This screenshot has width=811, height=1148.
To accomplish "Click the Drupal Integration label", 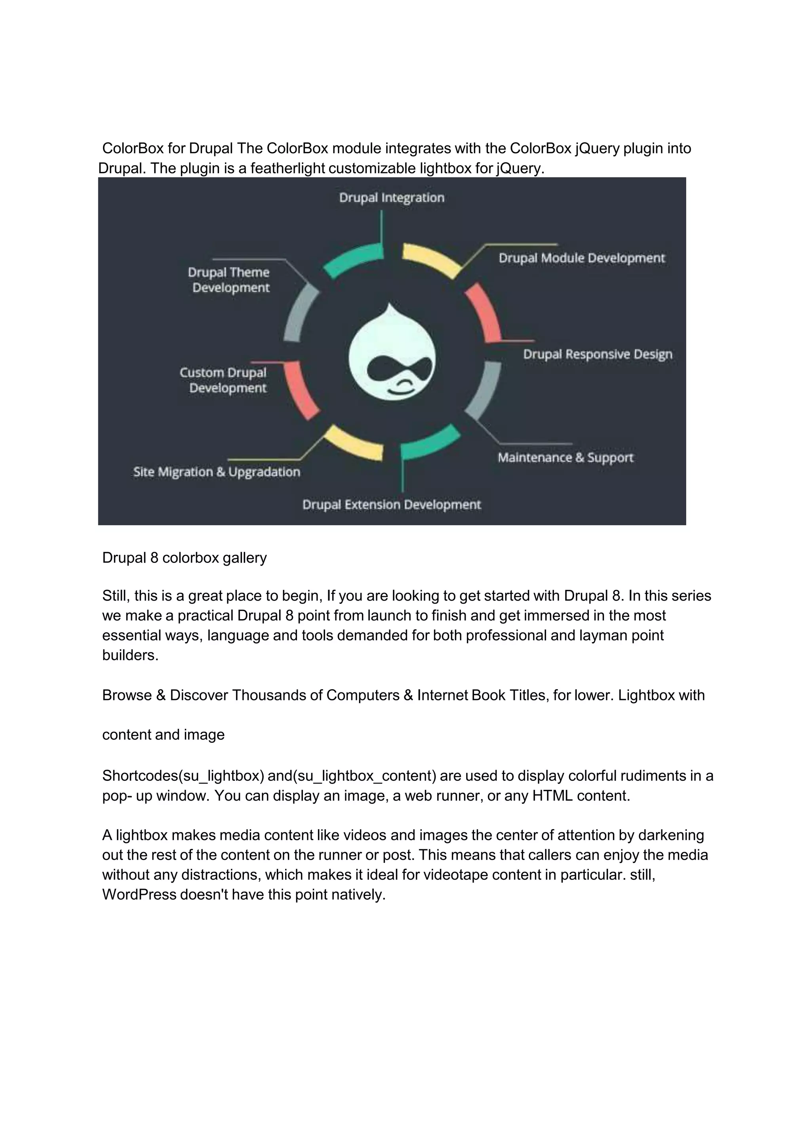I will coord(391,198).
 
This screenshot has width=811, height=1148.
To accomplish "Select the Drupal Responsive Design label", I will coord(598,354).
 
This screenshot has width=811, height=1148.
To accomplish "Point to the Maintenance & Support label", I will coord(565,458).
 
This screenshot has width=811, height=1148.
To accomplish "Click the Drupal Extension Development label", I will coord(391,505).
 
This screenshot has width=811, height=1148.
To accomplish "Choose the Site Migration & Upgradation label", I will coord(216,472).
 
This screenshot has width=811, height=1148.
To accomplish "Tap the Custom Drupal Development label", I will coord(223,380).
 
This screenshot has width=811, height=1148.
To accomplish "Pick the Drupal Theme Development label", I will coord(229,280).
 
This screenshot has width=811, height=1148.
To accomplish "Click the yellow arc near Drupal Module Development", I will coord(432,259).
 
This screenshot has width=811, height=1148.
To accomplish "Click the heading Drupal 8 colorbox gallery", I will coord(185,558).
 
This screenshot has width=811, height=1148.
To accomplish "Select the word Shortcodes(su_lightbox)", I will coord(183,776).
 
